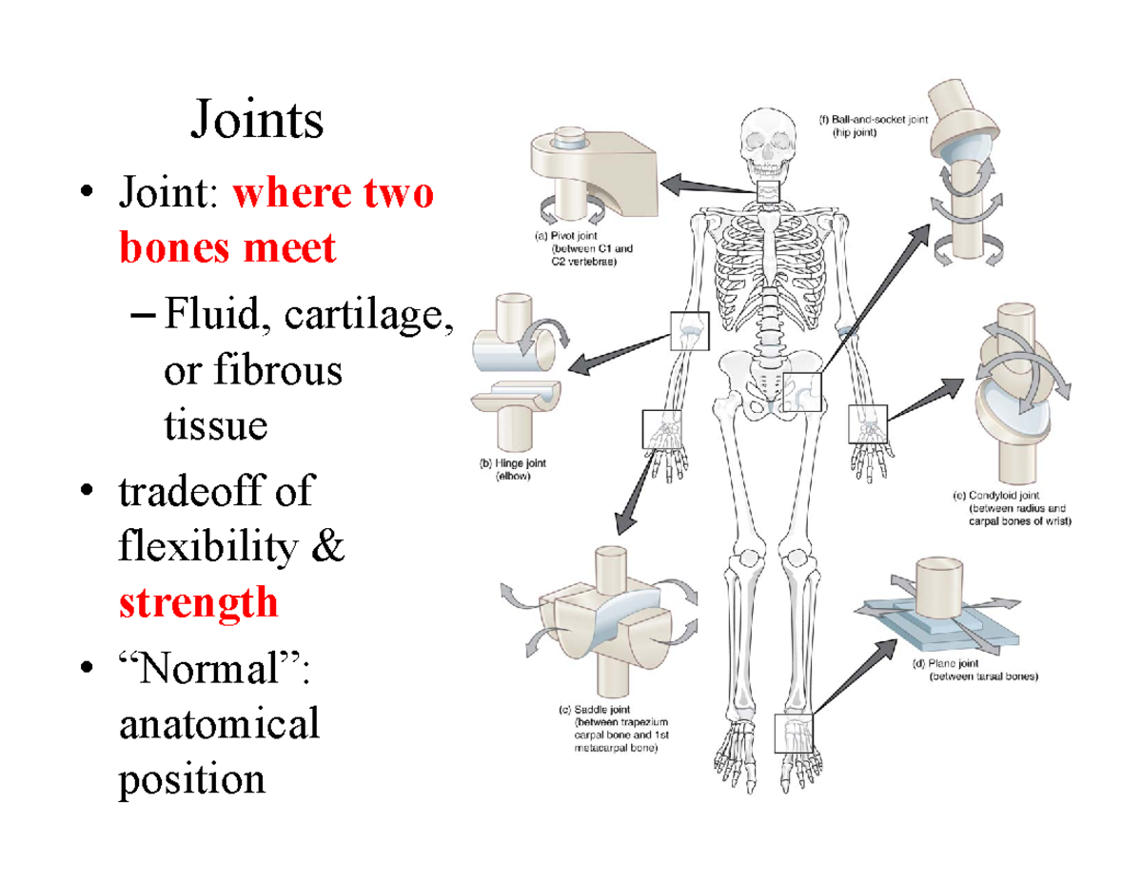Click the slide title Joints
click(257, 122)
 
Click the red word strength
click(199, 602)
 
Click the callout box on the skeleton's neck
click(767, 190)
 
